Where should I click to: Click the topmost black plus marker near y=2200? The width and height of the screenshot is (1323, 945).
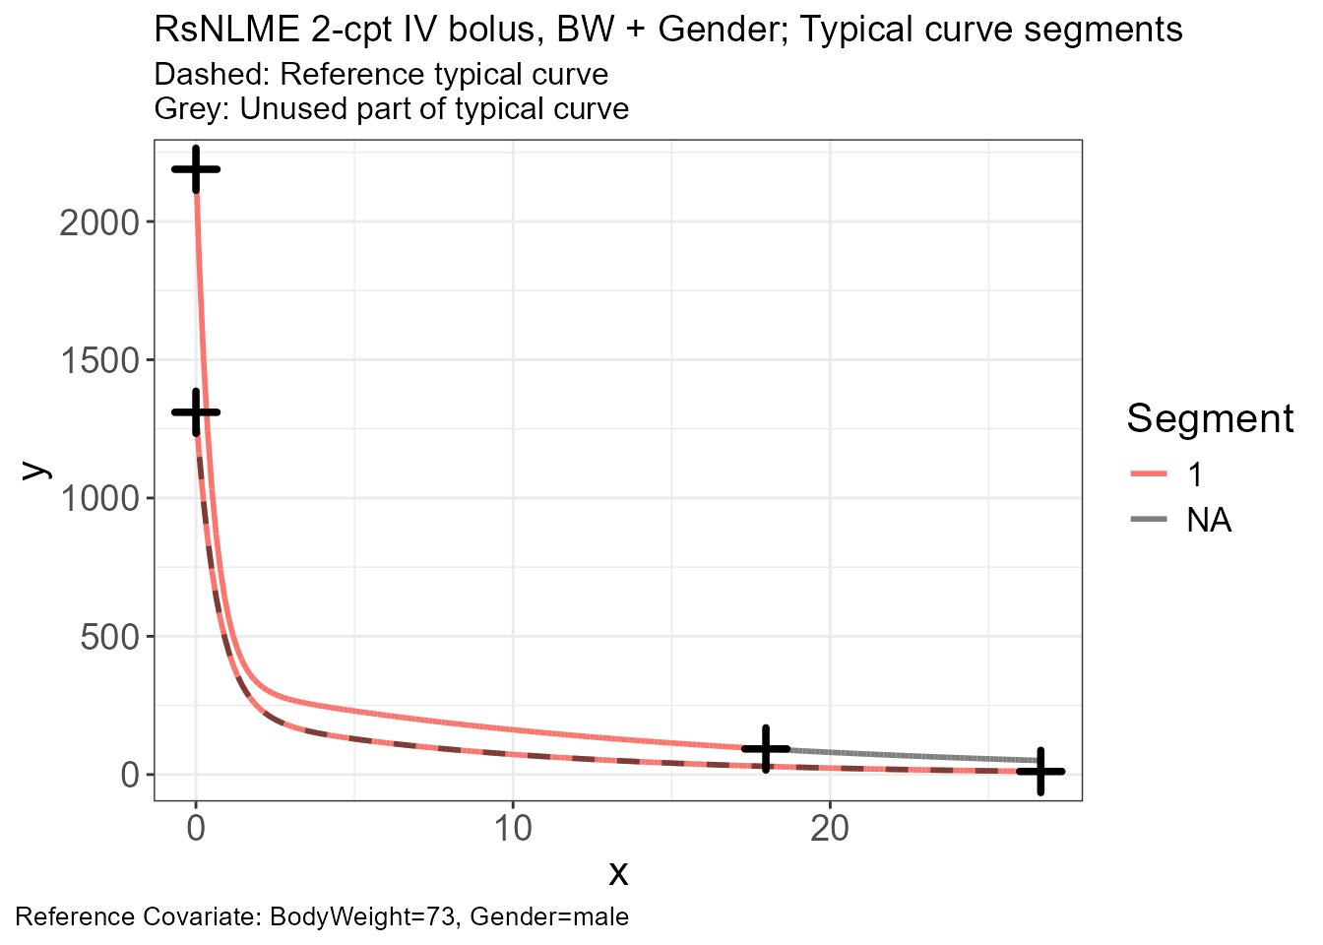[x=196, y=169]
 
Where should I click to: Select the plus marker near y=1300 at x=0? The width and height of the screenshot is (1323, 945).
[x=196, y=412]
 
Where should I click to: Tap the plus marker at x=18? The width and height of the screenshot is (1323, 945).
[x=766, y=749]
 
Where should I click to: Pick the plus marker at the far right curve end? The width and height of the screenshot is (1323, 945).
[x=1040, y=772]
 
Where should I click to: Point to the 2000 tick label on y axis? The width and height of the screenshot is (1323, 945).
[x=99, y=223]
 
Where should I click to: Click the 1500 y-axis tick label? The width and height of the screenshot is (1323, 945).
[x=99, y=361]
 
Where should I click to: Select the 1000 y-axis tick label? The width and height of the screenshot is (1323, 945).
[x=99, y=499]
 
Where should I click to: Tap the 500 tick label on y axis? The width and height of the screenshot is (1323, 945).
[x=109, y=637]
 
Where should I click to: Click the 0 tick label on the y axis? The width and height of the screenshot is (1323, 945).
[x=130, y=775]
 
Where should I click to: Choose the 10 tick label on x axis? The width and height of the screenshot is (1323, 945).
[x=513, y=829]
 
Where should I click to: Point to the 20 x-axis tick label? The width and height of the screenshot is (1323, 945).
[x=830, y=829]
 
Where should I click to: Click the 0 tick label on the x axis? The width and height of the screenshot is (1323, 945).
[x=196, y=829]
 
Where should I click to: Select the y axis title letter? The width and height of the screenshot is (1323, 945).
[x=36, y=471]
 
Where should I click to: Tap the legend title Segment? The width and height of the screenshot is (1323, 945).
[x=1210, y=419]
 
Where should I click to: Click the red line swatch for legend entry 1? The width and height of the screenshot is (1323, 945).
[x=1149, y=473]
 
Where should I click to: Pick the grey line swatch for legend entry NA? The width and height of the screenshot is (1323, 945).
[x=1149, y=519]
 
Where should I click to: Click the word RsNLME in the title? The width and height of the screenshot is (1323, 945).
[x=227, y=29]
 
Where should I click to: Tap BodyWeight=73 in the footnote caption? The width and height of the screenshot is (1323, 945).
[x=362, y=917]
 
